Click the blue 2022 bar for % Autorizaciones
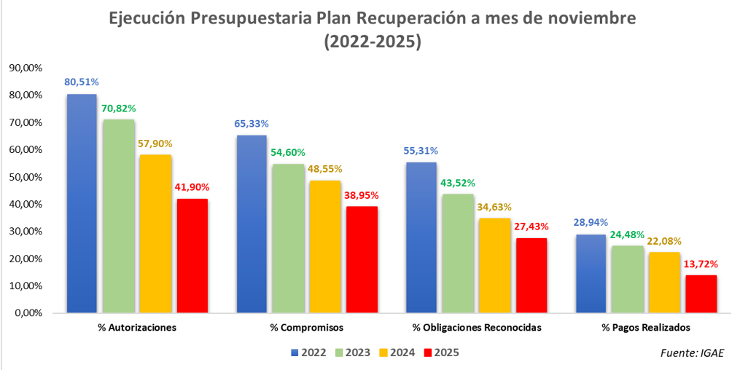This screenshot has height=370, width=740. point(82,204)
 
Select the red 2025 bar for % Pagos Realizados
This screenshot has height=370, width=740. point(701,294)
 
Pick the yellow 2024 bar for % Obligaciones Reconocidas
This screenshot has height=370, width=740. point(495,266)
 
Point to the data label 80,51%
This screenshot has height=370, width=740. point(82,82)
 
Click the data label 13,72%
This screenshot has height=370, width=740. point(701,263)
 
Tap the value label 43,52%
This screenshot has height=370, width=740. point(459,182)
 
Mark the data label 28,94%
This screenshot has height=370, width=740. point(591,222)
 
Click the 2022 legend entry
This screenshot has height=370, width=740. point(309,353)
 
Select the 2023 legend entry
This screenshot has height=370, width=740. point(353,353)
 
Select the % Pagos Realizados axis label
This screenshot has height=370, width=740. point(645,328)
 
